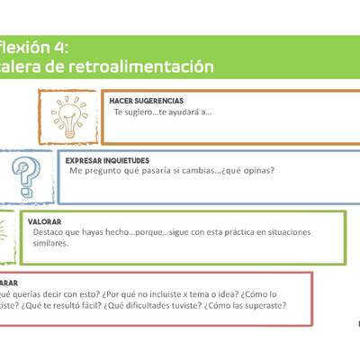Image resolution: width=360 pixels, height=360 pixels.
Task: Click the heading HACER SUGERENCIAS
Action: point(147,101)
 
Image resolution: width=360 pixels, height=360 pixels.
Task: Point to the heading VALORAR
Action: point(44,220)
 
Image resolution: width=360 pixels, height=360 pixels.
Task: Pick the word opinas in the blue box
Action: point(254,170)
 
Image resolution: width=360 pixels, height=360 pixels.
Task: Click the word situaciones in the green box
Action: point(286,232)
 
